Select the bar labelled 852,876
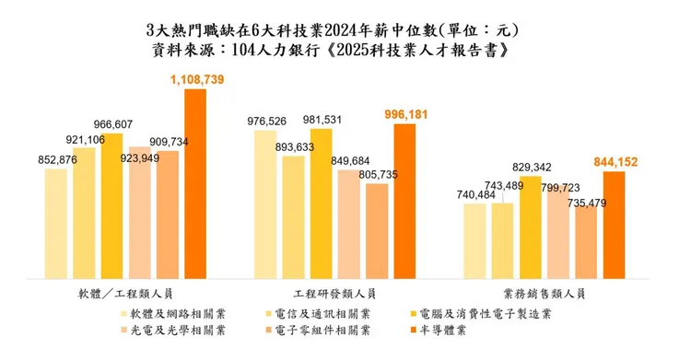(x=56, y=222)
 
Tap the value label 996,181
(x=405, y=114)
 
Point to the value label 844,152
(x=615, y=163)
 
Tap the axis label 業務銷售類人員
(x=545, y=294)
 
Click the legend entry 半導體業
(x=440, y=330)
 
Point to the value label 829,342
(x=532, y=167)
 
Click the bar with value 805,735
(x=377, y=230)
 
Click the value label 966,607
(x=111, y=123)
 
